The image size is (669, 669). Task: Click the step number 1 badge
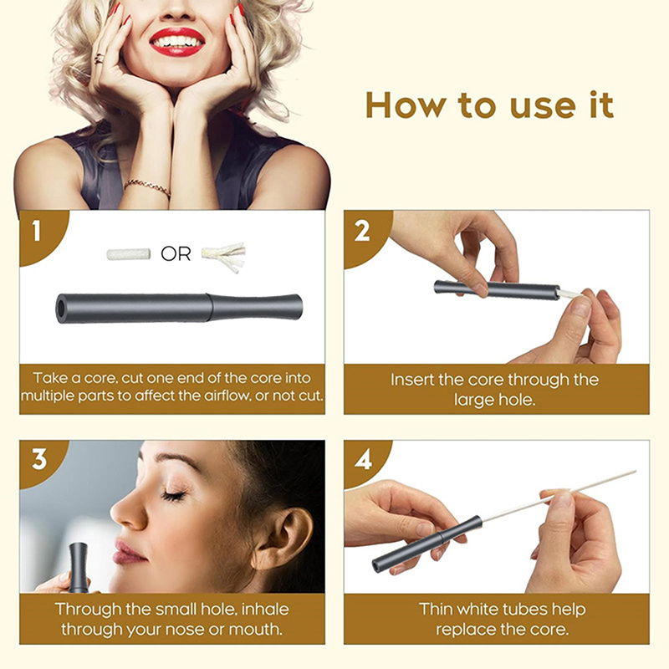tap(38, 232)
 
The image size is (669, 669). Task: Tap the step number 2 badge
tap(362, 232)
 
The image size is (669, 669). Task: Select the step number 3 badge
tap(38, 460)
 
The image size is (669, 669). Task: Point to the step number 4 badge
tap(363, 461)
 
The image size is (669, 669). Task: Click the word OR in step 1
tap(176, 254)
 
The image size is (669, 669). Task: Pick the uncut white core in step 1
tap(129, 254)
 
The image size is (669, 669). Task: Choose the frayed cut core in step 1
tap(224, 256)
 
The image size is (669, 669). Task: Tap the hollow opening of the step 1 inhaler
tap(64, 308)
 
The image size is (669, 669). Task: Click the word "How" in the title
tap(405, 105)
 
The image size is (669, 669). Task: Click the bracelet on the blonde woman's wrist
tap(147, 186)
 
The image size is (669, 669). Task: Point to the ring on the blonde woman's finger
tap(100, 59)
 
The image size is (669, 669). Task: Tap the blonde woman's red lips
tap(177, 43)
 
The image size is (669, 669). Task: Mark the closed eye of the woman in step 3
tap(175, 495)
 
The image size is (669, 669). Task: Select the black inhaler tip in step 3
tap(78, 566)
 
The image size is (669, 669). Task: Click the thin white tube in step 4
tap(559, 495)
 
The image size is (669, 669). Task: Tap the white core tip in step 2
tap(570, 293)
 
